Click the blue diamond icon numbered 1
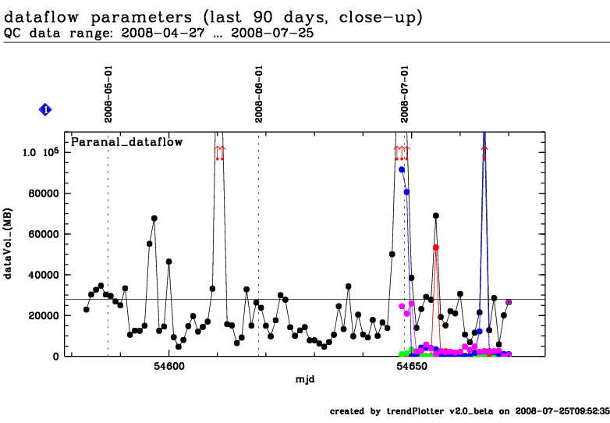[x=45, y=110]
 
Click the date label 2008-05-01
[x=109, y=94]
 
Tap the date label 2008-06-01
[x=259, y=94]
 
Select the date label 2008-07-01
[x=405, y=94]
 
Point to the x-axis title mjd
[x=304, y=379]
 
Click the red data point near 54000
[x=436, y=247]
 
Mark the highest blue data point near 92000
[x=402, y=169]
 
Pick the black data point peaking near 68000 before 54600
[x=154, y=219]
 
